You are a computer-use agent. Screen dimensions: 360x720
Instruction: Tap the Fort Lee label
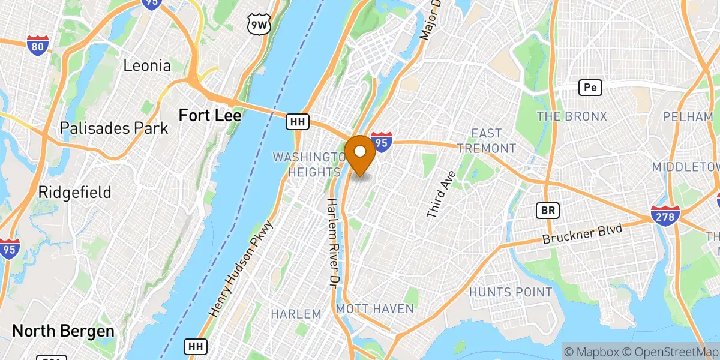point(210,115)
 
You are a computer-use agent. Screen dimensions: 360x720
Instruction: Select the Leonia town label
point(147,66)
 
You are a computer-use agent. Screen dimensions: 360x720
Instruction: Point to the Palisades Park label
point(114,128)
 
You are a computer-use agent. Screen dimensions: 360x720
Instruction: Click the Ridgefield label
point(74,193)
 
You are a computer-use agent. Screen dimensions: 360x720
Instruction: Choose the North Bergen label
point(63,331)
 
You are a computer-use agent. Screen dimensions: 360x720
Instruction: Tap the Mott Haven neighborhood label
point(375,309)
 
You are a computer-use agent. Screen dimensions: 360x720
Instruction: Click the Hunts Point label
point(511,292)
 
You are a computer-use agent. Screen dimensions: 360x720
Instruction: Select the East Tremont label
point(494,140)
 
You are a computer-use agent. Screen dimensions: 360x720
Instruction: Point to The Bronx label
point(572,116)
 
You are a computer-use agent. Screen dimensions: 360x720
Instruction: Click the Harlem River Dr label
point(332,242)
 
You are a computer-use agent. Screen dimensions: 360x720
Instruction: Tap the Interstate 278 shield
point(665,215)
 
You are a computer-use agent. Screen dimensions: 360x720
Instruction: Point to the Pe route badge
point(590,88)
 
